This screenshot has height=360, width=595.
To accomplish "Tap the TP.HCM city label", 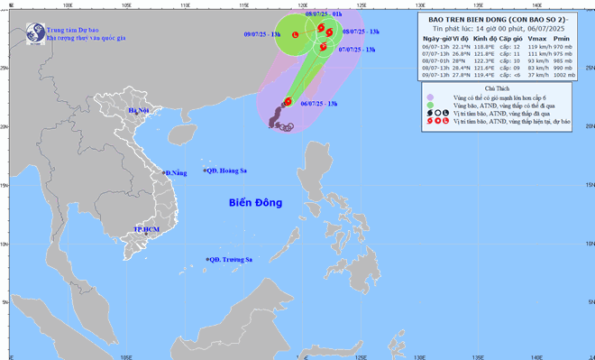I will coord(143,231).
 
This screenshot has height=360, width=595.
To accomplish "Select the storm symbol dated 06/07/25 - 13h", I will coord(288,101).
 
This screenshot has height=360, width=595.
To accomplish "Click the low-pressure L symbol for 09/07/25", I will coord(297,34).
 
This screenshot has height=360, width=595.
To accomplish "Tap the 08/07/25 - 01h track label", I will coord(323,15).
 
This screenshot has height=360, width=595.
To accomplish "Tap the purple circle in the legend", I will coord(430,97).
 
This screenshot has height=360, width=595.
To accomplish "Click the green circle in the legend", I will coord(430,106).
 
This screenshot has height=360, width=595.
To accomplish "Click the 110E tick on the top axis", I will coord(185,5).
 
